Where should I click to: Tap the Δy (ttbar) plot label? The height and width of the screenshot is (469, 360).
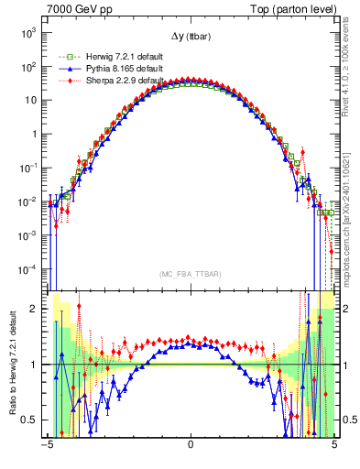pos(191,36)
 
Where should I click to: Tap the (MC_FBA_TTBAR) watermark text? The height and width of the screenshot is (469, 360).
pos(191,273)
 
